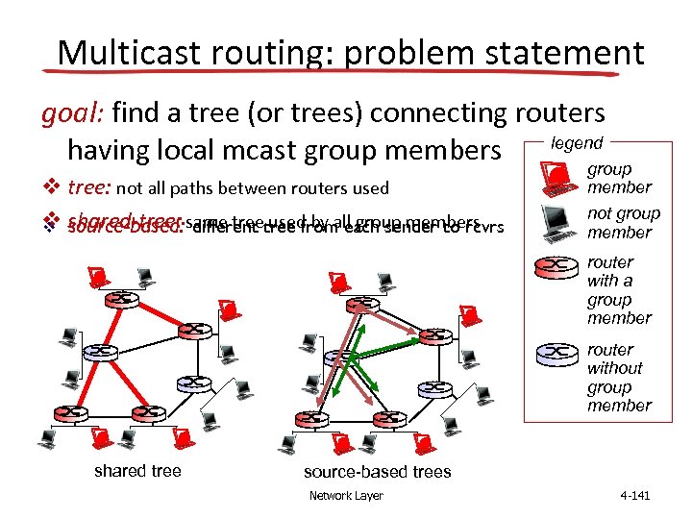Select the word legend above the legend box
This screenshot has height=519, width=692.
(576, 143)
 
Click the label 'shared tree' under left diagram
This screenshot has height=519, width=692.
(138, 470)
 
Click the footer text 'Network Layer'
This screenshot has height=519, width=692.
(346, 496)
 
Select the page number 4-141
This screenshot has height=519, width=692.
(635, 496)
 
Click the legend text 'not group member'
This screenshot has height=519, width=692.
(623, 223)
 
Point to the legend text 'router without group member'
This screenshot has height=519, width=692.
(619, 378)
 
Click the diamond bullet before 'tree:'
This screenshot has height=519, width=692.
(49, 188)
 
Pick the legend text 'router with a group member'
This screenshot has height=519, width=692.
(619, 289)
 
